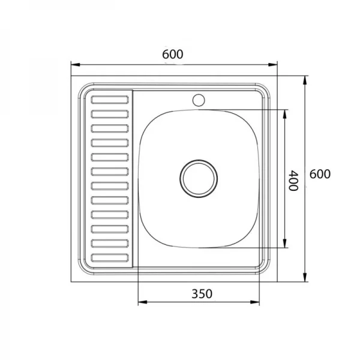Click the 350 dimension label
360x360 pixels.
[x=202, y=294]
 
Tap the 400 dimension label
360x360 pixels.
[x=293, y=181]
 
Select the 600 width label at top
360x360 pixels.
[x=173, y=55]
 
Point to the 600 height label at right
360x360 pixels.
[x=320, y=174]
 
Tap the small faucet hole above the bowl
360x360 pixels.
[x=199, y=100]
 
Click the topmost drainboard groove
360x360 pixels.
[x=110, y=100]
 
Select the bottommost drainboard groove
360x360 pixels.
[x=110, y=258]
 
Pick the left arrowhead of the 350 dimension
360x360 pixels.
[x=143, y=302]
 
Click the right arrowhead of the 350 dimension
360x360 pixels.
[x=254, y=302]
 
